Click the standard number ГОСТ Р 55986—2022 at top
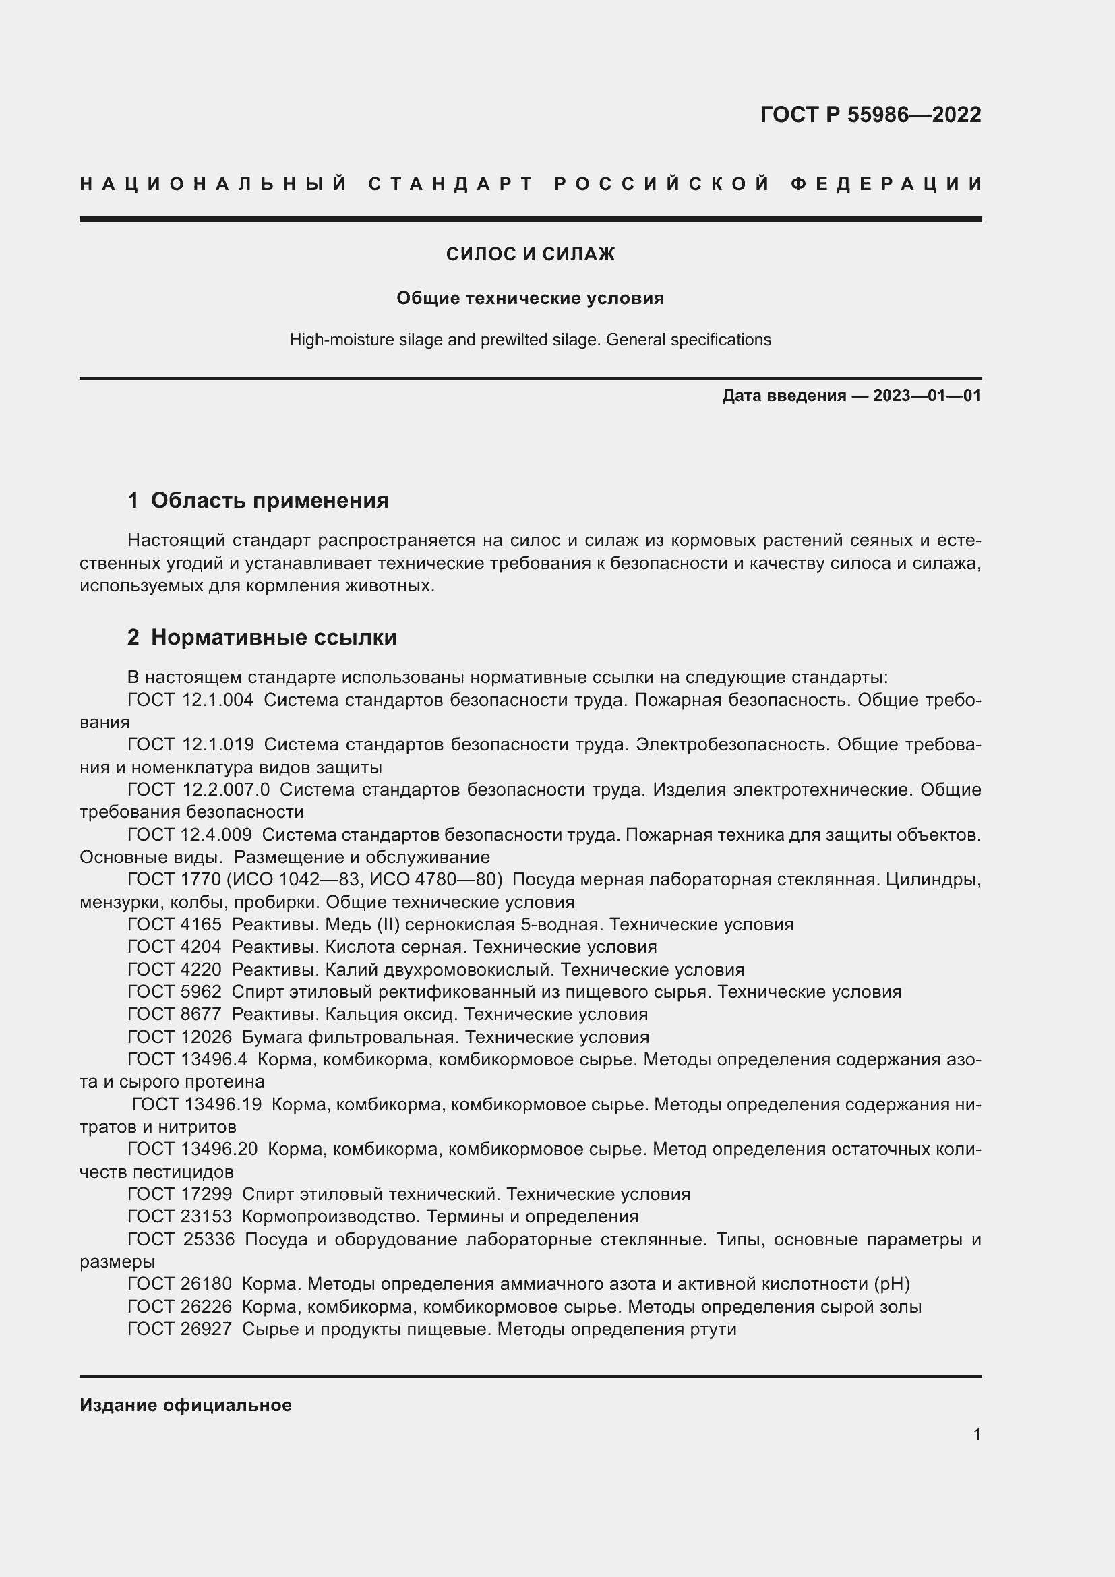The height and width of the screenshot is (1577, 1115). point(870,115)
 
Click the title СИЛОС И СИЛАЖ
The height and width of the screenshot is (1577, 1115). point(530,254)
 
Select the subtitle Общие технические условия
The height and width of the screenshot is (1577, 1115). point(530,298)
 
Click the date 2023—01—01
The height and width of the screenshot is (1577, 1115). point(926,396)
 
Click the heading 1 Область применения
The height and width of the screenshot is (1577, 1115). point(258,500)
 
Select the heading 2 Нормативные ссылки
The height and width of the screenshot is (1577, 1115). point(262,636)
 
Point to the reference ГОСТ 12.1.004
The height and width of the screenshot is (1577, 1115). point(190,700)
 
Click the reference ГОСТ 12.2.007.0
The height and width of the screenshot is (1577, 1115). point(198,790)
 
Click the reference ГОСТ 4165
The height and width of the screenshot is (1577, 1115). point(175,924)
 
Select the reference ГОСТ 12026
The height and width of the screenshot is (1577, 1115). point(179,1037)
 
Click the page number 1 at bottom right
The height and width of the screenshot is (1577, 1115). point(976,1434)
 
